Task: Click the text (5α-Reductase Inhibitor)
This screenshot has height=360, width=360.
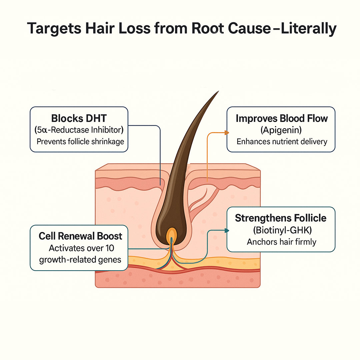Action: [x=79, y=130]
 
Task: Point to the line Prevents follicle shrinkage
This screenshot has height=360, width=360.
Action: [x=80, y=141]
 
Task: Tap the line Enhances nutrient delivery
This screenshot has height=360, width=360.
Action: [x=282, y=141]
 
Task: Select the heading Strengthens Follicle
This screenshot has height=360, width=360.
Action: [x=281, y=218]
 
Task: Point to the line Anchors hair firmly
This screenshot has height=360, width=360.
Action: [x=281, y=241]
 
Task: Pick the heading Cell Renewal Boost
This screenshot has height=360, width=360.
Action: [x=80, y=236]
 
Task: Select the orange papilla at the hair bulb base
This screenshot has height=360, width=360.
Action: [x=172, y=234]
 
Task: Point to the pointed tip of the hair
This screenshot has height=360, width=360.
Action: [x=218, y=92]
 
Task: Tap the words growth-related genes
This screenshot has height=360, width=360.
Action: [x=80, y=259]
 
